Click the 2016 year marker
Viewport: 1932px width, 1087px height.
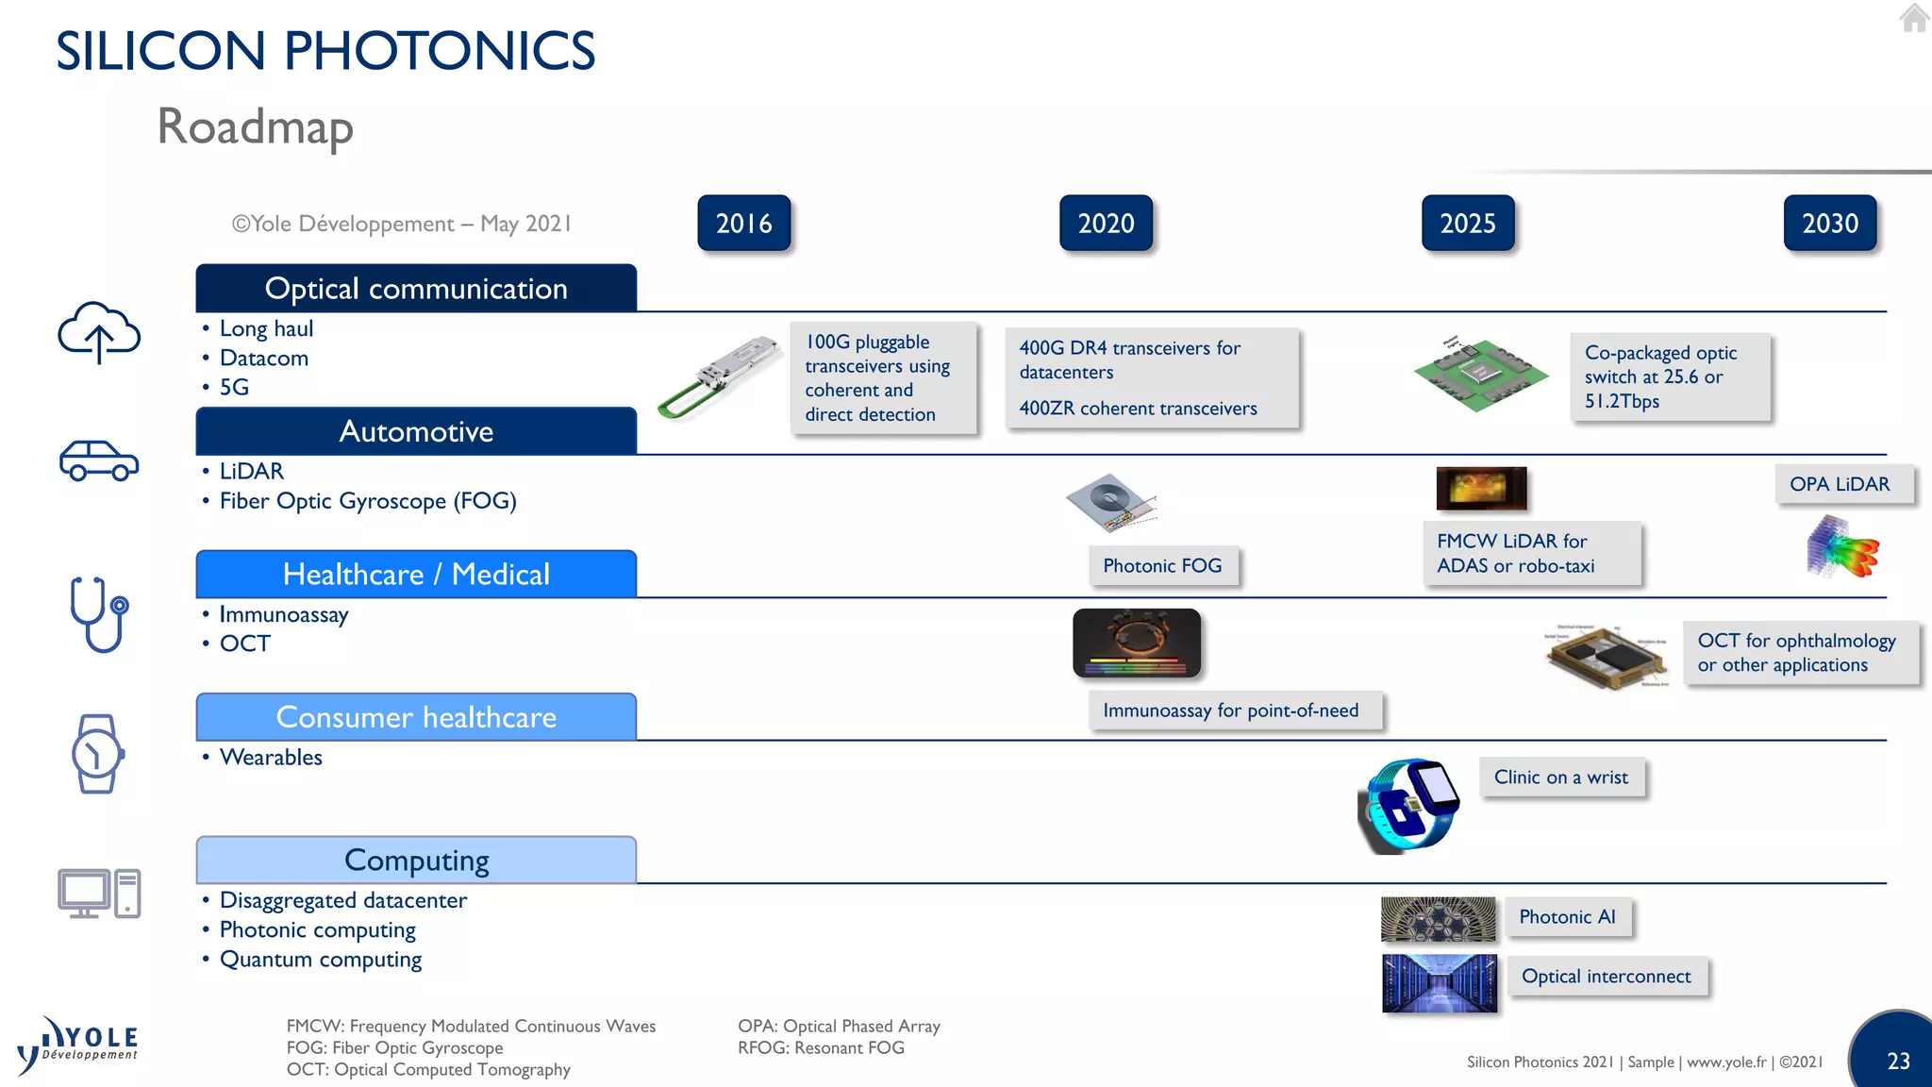[743, 224]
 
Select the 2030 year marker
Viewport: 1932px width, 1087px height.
[1829, 224]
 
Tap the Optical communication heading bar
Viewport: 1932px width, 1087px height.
[416, 288]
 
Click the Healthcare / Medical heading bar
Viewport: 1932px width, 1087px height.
[416, 574]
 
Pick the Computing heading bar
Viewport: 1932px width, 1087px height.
[416, 860]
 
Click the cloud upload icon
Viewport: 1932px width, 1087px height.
[99, 332]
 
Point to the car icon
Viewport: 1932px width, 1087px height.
[99, 460]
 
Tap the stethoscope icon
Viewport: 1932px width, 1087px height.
[98, 613]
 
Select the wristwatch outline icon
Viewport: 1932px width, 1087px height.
[97, 754]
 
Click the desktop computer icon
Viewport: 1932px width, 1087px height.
[99, 893]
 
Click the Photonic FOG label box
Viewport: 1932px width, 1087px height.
[1162, 566]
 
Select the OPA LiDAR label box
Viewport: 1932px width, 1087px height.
[1840, 484]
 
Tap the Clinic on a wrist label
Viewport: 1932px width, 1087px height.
[1561, 778]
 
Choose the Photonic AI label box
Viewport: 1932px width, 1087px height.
[1567, 917]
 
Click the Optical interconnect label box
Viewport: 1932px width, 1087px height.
[1606, 977]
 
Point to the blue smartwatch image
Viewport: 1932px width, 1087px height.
[1408, 806]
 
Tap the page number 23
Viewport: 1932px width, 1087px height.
[1898, 1061]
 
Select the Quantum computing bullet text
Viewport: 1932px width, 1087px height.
[321, 960]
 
